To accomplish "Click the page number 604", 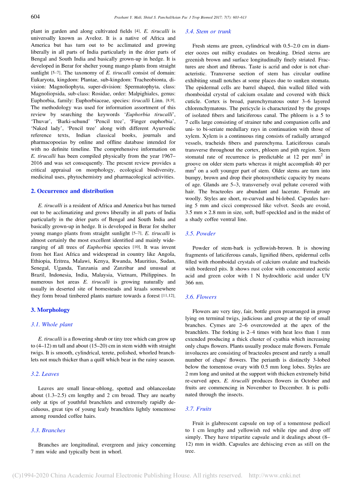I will coord(35,17).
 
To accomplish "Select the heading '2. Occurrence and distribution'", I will coord(72,191).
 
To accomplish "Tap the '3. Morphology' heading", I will coord(50,310).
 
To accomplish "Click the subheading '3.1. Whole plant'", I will coord(51,324).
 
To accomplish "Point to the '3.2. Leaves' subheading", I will coord(45,374).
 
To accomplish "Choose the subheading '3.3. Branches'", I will coord(48,430).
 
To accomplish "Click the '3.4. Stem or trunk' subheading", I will coord(208,32).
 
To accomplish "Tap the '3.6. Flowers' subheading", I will coord(201,297).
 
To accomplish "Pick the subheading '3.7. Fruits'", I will coord(198,409).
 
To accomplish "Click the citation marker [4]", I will coord(137,31).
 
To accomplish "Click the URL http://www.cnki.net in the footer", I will coord(274,475).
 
